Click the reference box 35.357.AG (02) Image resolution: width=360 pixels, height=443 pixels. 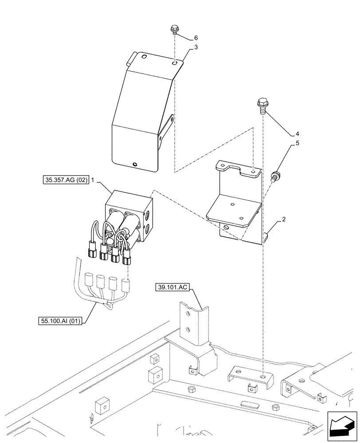(67, 180)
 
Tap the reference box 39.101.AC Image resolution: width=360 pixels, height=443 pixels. (172, 288)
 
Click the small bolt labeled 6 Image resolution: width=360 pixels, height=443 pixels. (174, 30)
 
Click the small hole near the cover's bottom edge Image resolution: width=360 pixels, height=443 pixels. (134, 164)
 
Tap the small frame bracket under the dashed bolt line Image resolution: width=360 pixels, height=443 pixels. (250, 377)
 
